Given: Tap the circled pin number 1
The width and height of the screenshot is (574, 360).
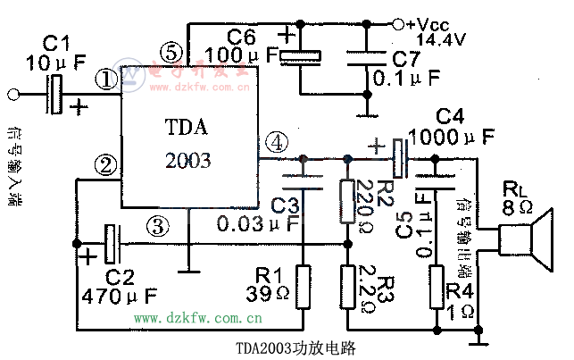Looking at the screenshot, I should click(108, 80).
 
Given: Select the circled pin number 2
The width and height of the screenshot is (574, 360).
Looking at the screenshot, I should click(108, 165).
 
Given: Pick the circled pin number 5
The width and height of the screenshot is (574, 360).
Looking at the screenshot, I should click(172, 50).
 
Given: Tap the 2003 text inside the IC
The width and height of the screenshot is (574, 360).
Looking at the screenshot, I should click(188, 161).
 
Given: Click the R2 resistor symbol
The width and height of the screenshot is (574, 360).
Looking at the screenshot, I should click(346, 200).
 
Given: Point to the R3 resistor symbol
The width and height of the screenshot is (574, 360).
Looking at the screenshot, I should click(346, 283).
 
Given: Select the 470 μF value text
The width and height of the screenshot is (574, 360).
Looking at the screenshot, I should click(118, 294).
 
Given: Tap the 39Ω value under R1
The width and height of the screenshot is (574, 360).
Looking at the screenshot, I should click(269, 293).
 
